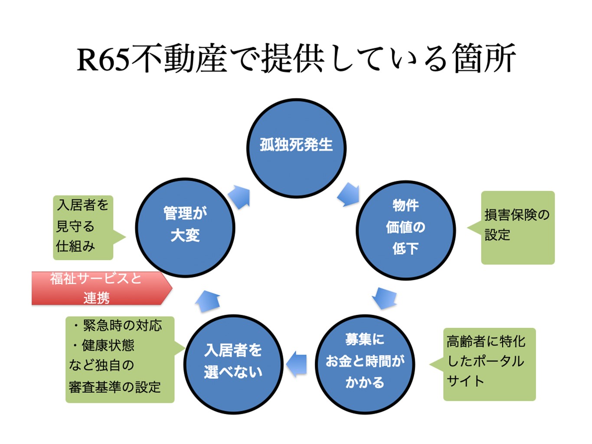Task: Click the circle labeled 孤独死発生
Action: coord(296,148)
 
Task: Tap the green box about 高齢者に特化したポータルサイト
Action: coord(489,364)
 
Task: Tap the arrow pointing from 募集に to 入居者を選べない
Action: coord(297,363)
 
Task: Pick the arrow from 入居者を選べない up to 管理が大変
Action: coord(208,301)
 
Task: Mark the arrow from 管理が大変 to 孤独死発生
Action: coord(239,197)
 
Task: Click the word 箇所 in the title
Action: coord(484,59)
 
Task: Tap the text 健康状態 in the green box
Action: coord(108,345)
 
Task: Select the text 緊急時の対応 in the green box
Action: coord(122,325)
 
